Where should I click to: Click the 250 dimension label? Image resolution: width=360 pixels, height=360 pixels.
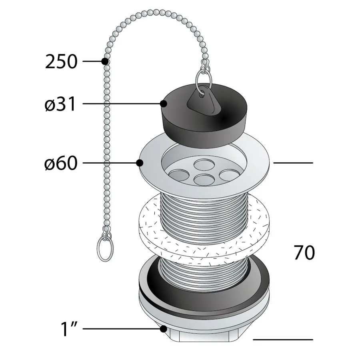[x=61, y=62]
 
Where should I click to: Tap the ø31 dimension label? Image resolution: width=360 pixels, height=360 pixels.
[x=60, y=104]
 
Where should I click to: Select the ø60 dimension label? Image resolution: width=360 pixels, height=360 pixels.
[x=61, y=163]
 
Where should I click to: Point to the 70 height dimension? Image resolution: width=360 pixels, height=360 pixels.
[x=304, y=252]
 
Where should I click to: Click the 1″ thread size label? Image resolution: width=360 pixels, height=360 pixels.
[x=69, y=329]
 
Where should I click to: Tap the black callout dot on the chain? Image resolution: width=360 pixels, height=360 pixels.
[x=105, y=61]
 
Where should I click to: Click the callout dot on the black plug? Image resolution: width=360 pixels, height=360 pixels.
[x=163, y=104]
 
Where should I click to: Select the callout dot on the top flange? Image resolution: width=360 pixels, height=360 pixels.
[x=140, y=163]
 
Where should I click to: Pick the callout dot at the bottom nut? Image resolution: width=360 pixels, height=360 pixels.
[x=163, y=329]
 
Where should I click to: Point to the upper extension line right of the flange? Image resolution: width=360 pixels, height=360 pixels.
[x=293, y=163]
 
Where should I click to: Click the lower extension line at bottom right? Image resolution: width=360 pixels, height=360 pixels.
[x=283, y=340]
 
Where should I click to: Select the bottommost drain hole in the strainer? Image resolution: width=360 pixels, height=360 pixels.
[x=204, y=180]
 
